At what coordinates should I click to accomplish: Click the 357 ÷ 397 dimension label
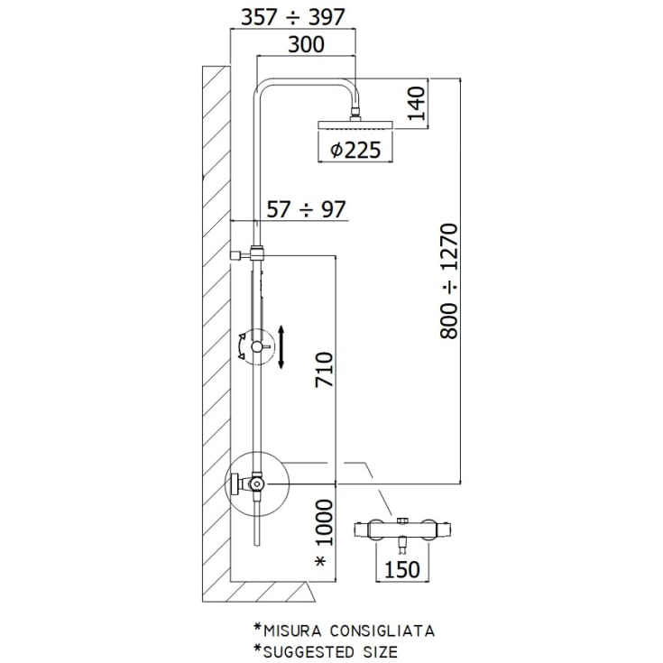(x=292, y=17)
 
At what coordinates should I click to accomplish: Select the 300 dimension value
(x=306, y=44)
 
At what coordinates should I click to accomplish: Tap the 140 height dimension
(x=417, y=103)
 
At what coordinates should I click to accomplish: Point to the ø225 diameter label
(x=355, y=150)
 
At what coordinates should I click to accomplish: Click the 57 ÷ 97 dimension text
(x=306, y=209)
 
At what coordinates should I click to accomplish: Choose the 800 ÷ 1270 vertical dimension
(x=448, y=281)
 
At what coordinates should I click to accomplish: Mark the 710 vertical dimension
(x=325, y=369)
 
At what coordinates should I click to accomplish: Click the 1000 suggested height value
(x=325, y=523)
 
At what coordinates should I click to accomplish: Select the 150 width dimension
(x=401, y=569)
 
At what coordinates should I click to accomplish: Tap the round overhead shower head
(x=355, y=125)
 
